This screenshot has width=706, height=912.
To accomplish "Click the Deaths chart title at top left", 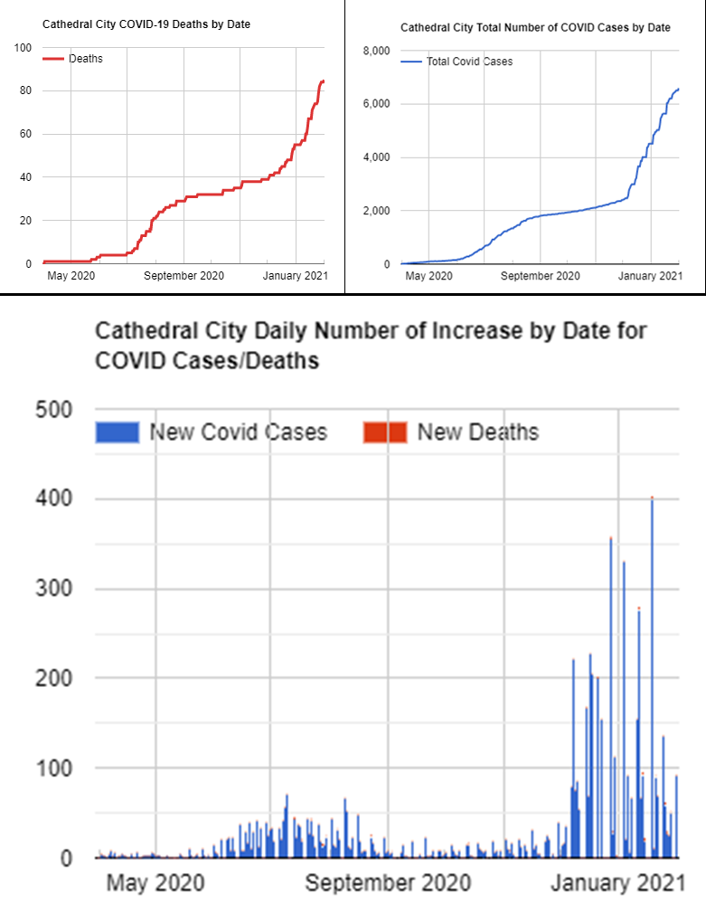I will (x=146, y=24).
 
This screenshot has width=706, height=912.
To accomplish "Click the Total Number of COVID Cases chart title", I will (x=535, y=28).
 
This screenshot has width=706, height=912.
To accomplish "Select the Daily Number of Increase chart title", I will (x=371, y=346).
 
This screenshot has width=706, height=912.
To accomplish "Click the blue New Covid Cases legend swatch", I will (x=118, y=432).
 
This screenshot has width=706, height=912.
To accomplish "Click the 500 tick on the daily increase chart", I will (x=53, y=410).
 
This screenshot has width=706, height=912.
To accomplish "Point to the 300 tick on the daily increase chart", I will (x=53, y=589).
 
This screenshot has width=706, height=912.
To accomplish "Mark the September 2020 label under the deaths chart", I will (x=186, y=275).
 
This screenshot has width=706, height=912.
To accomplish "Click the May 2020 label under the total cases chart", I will (x=428, y=275).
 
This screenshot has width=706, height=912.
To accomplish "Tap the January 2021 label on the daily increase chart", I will (x=617, y=882).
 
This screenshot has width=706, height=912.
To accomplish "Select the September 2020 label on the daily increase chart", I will (x=388, y=882).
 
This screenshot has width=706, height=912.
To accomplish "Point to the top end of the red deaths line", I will (x=324, y=81).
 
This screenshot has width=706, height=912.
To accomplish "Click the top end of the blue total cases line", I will (x=678, y=89).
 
